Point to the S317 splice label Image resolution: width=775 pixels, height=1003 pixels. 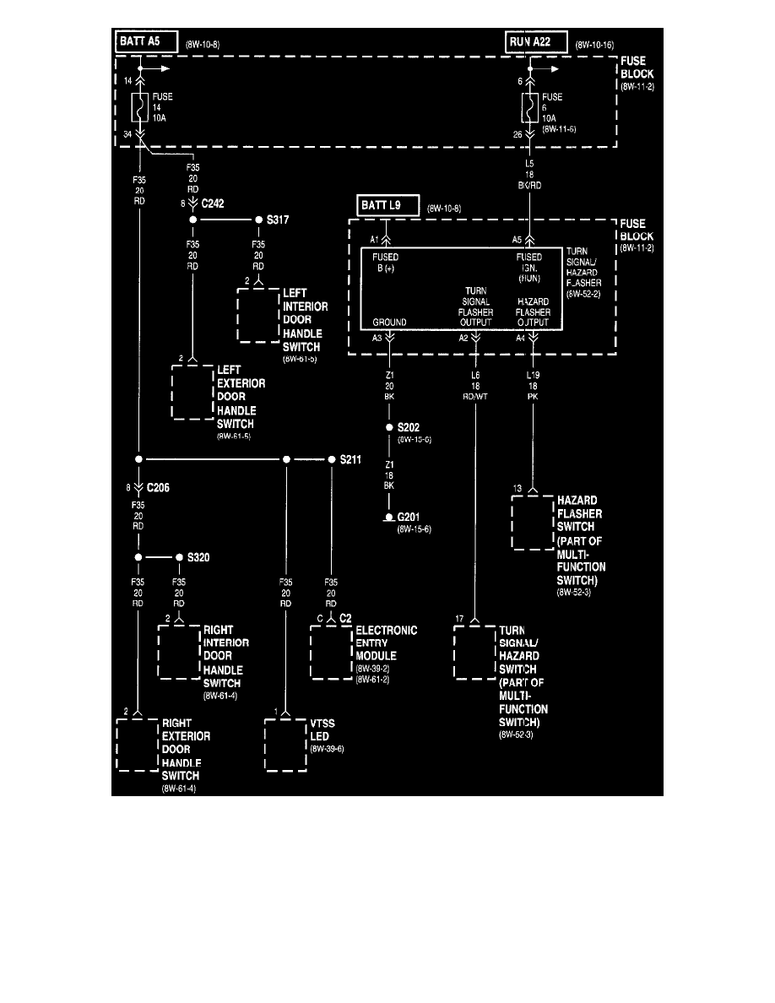coord(278,220)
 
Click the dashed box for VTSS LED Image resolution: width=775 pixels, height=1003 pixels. coord(286,745)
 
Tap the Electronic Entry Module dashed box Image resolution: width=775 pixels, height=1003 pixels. coord(332,653)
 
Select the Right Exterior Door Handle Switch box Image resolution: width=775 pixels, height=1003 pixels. coord(137,745)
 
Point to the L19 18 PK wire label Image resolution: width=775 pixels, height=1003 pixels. coord(533,384)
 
